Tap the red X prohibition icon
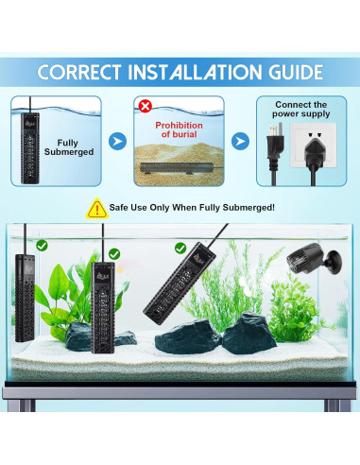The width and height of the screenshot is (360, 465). (x=145, y=105)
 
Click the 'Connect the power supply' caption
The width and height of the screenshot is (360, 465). (x=300, y=110)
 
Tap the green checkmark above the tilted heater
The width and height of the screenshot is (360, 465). (x=180, y=249)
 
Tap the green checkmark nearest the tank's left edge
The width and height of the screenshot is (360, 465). (x=42, y=246)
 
